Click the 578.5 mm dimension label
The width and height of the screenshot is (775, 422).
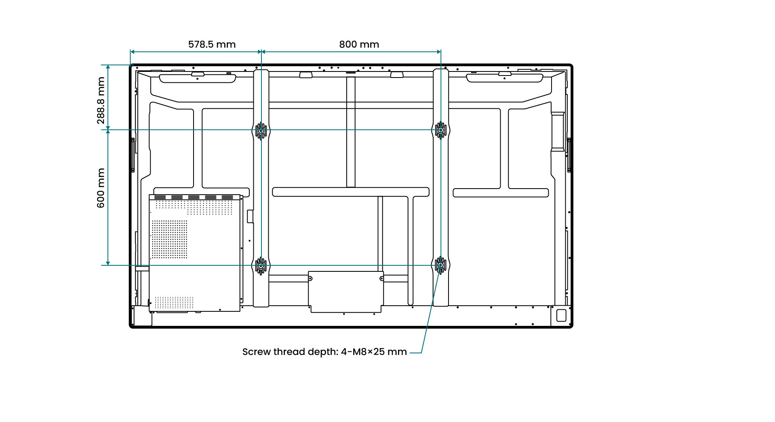pos(212,44)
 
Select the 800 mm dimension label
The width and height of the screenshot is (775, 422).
pos(359,44)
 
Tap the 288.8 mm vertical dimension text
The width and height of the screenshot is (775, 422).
pos(101,101)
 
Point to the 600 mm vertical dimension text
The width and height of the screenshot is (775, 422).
pos(101,188)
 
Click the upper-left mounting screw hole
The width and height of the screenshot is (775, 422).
pos(261,130)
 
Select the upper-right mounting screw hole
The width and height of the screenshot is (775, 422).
pos(440,130)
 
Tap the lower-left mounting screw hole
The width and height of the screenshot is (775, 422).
pos(261,265)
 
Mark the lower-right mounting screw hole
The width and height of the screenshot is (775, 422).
pos(440,265)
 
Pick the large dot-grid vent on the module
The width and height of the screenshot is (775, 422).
pos(170,239)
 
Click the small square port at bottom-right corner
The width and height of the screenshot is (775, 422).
pos(561,315)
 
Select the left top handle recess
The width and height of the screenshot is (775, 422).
pos(198,78)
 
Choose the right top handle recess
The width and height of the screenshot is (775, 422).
pos(505,78)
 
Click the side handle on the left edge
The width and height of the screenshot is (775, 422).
pos(133,155)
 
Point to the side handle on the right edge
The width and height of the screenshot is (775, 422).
pos(569,155)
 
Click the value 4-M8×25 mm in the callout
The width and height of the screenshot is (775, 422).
pos(374,352)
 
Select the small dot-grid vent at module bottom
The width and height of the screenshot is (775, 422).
pos(174,302)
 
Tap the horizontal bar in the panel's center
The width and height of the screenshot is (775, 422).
pos(351,192)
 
